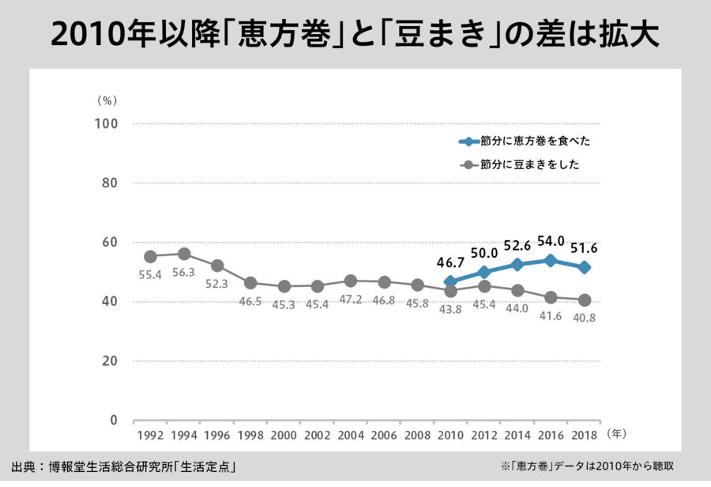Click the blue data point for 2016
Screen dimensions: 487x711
(x=551, y=260)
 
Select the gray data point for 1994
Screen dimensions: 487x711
(x=184, y=254)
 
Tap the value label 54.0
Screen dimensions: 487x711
(x=551, y=240)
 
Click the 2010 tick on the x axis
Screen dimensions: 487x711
(x=451, y=436)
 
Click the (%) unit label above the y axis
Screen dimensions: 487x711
(x=107, y=100)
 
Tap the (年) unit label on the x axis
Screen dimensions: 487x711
(x=617, y=434)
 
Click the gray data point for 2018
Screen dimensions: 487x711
(x=585, y=300)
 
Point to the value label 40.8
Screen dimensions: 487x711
(x=585, y=319)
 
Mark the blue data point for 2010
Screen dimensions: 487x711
(x=451, y=281)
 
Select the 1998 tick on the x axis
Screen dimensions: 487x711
(x=250, y=436)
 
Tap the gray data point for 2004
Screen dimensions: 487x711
(x=351, y=281)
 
